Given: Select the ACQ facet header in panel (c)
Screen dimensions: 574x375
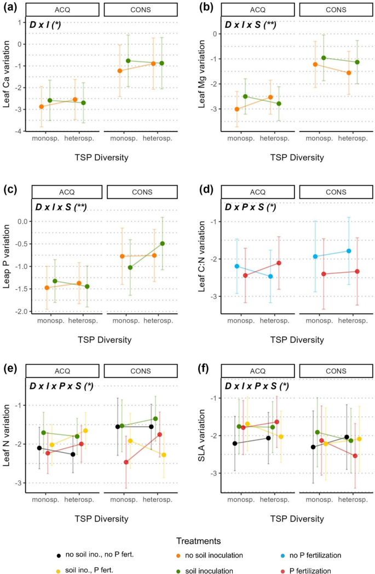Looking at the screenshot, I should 68,192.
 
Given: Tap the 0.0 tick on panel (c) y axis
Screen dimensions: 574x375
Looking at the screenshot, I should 22,221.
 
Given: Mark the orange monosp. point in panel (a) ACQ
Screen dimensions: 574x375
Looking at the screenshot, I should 42,106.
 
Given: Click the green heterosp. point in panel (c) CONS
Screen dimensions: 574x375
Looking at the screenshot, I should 162,243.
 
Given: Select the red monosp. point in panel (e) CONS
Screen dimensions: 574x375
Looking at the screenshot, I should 126,462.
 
